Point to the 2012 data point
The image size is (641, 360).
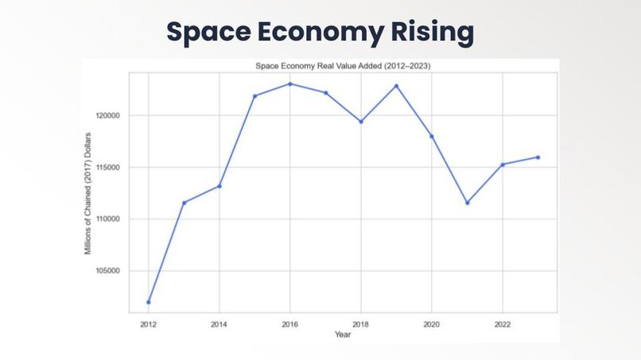coord(149,302)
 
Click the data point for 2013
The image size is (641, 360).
coord(185,203)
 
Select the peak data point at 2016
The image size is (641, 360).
coord(290,83)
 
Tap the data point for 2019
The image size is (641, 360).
coord(396,86)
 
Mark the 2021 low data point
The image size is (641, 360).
coord(467,203)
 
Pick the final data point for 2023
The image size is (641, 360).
coord(538,157)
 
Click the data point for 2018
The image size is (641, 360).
coord(361,122)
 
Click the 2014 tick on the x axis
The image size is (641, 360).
coord(219,324)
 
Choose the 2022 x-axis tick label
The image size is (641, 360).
coord(503,324)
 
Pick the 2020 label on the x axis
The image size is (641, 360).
coord(432,324)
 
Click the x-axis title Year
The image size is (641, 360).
coord(344,335)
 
